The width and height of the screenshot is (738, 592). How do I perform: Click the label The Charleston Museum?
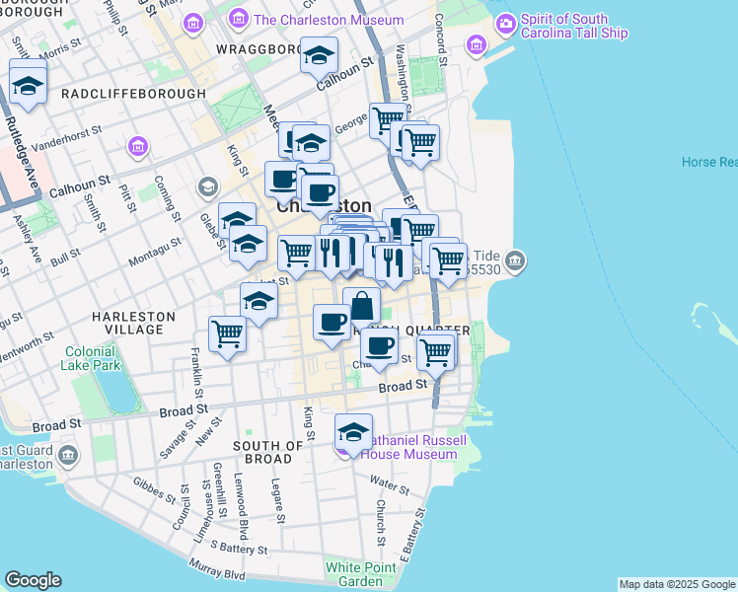click(329, 20)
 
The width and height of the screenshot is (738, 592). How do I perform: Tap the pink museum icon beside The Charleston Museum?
click(239, 20)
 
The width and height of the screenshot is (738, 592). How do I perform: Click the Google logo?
click(33, 580)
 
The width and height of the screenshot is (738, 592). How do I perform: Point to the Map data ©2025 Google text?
click(676, 584)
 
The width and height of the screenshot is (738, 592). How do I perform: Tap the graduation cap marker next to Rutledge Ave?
click(28, 83)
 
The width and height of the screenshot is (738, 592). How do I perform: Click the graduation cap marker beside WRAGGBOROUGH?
click(319, 56)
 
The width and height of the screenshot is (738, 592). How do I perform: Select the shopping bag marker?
click(362, 305)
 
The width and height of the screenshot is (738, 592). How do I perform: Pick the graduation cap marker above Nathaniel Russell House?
click(354, 431)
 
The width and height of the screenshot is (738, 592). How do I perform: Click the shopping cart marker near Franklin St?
click(228, 334)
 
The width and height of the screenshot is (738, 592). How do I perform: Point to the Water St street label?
click(390, 484)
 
